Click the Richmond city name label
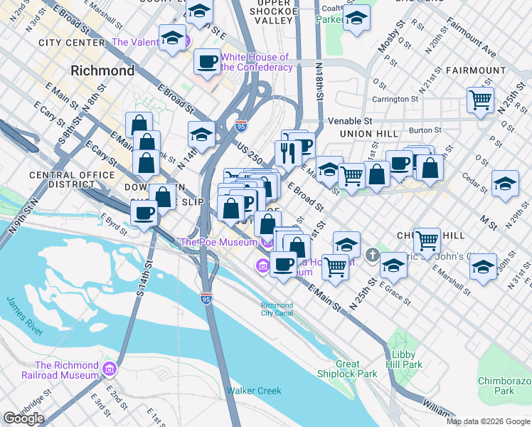[102, 71]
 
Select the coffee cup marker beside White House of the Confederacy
[207, 61]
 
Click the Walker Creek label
[254, 391]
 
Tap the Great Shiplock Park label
[357, 369]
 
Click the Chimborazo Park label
[506, 386]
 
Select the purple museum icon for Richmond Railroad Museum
[109, 369]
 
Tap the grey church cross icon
[372, 255]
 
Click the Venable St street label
[350, 122]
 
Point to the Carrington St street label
[394, 100]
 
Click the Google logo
[23, 418]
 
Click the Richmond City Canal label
[277, 309]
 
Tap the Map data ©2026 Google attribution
[487, 421]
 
